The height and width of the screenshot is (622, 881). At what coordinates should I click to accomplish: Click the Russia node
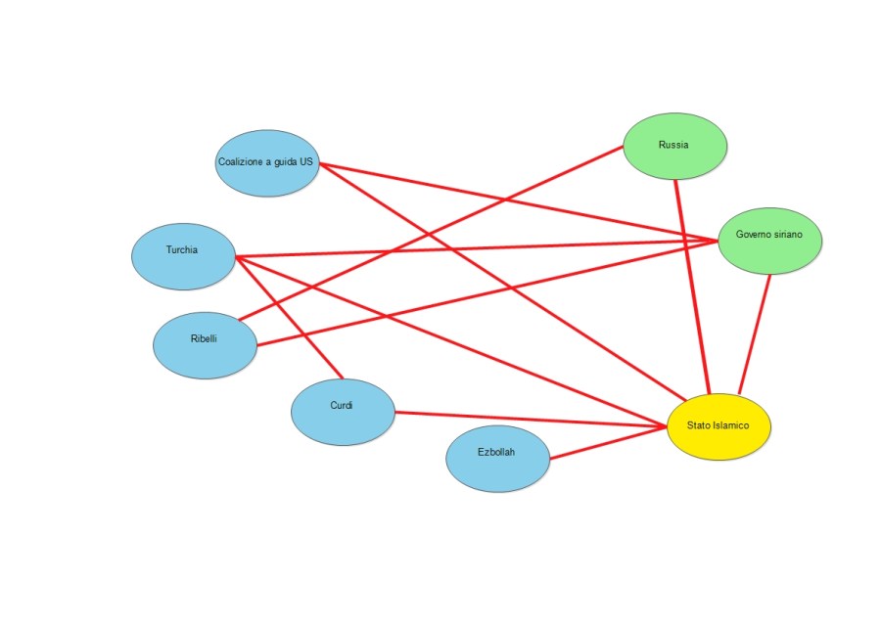(675, 146)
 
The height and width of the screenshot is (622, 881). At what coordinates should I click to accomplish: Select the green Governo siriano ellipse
(769, 240)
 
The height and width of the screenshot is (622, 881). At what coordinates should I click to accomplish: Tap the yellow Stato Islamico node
(719, 426)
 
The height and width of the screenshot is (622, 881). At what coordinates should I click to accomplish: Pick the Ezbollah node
(496, 459)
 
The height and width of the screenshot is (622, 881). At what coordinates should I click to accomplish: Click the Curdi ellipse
(343, 412)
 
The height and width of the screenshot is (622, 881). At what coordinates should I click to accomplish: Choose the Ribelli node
(205, 345)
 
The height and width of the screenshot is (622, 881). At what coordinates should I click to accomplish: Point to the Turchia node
(183, 256)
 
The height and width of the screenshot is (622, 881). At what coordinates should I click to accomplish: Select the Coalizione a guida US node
(267, 163)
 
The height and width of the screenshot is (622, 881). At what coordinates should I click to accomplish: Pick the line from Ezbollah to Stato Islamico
(607, 443)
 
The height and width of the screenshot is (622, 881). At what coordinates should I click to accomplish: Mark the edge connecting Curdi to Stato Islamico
(529, 420)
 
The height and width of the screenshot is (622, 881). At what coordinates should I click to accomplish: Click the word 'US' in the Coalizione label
(306, 162)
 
